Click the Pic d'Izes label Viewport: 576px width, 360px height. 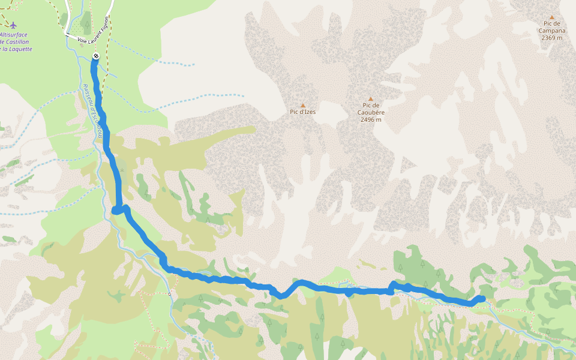(x=302, y=112)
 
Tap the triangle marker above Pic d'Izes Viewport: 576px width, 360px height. (x=303, y=105)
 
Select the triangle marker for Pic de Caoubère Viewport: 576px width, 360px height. (x=371, y=99)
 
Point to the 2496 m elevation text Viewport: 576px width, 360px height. (x=371, y=119)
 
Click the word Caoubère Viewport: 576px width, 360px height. (x=371, y=112)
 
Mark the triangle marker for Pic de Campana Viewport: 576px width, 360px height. (x=552, y=17)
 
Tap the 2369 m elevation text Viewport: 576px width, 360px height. (x=552, y=38)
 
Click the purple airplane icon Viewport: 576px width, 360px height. (x=13, y=25)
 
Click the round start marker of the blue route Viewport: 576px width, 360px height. (x=96, y=56)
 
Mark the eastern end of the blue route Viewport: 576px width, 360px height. (x=482, y=298)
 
